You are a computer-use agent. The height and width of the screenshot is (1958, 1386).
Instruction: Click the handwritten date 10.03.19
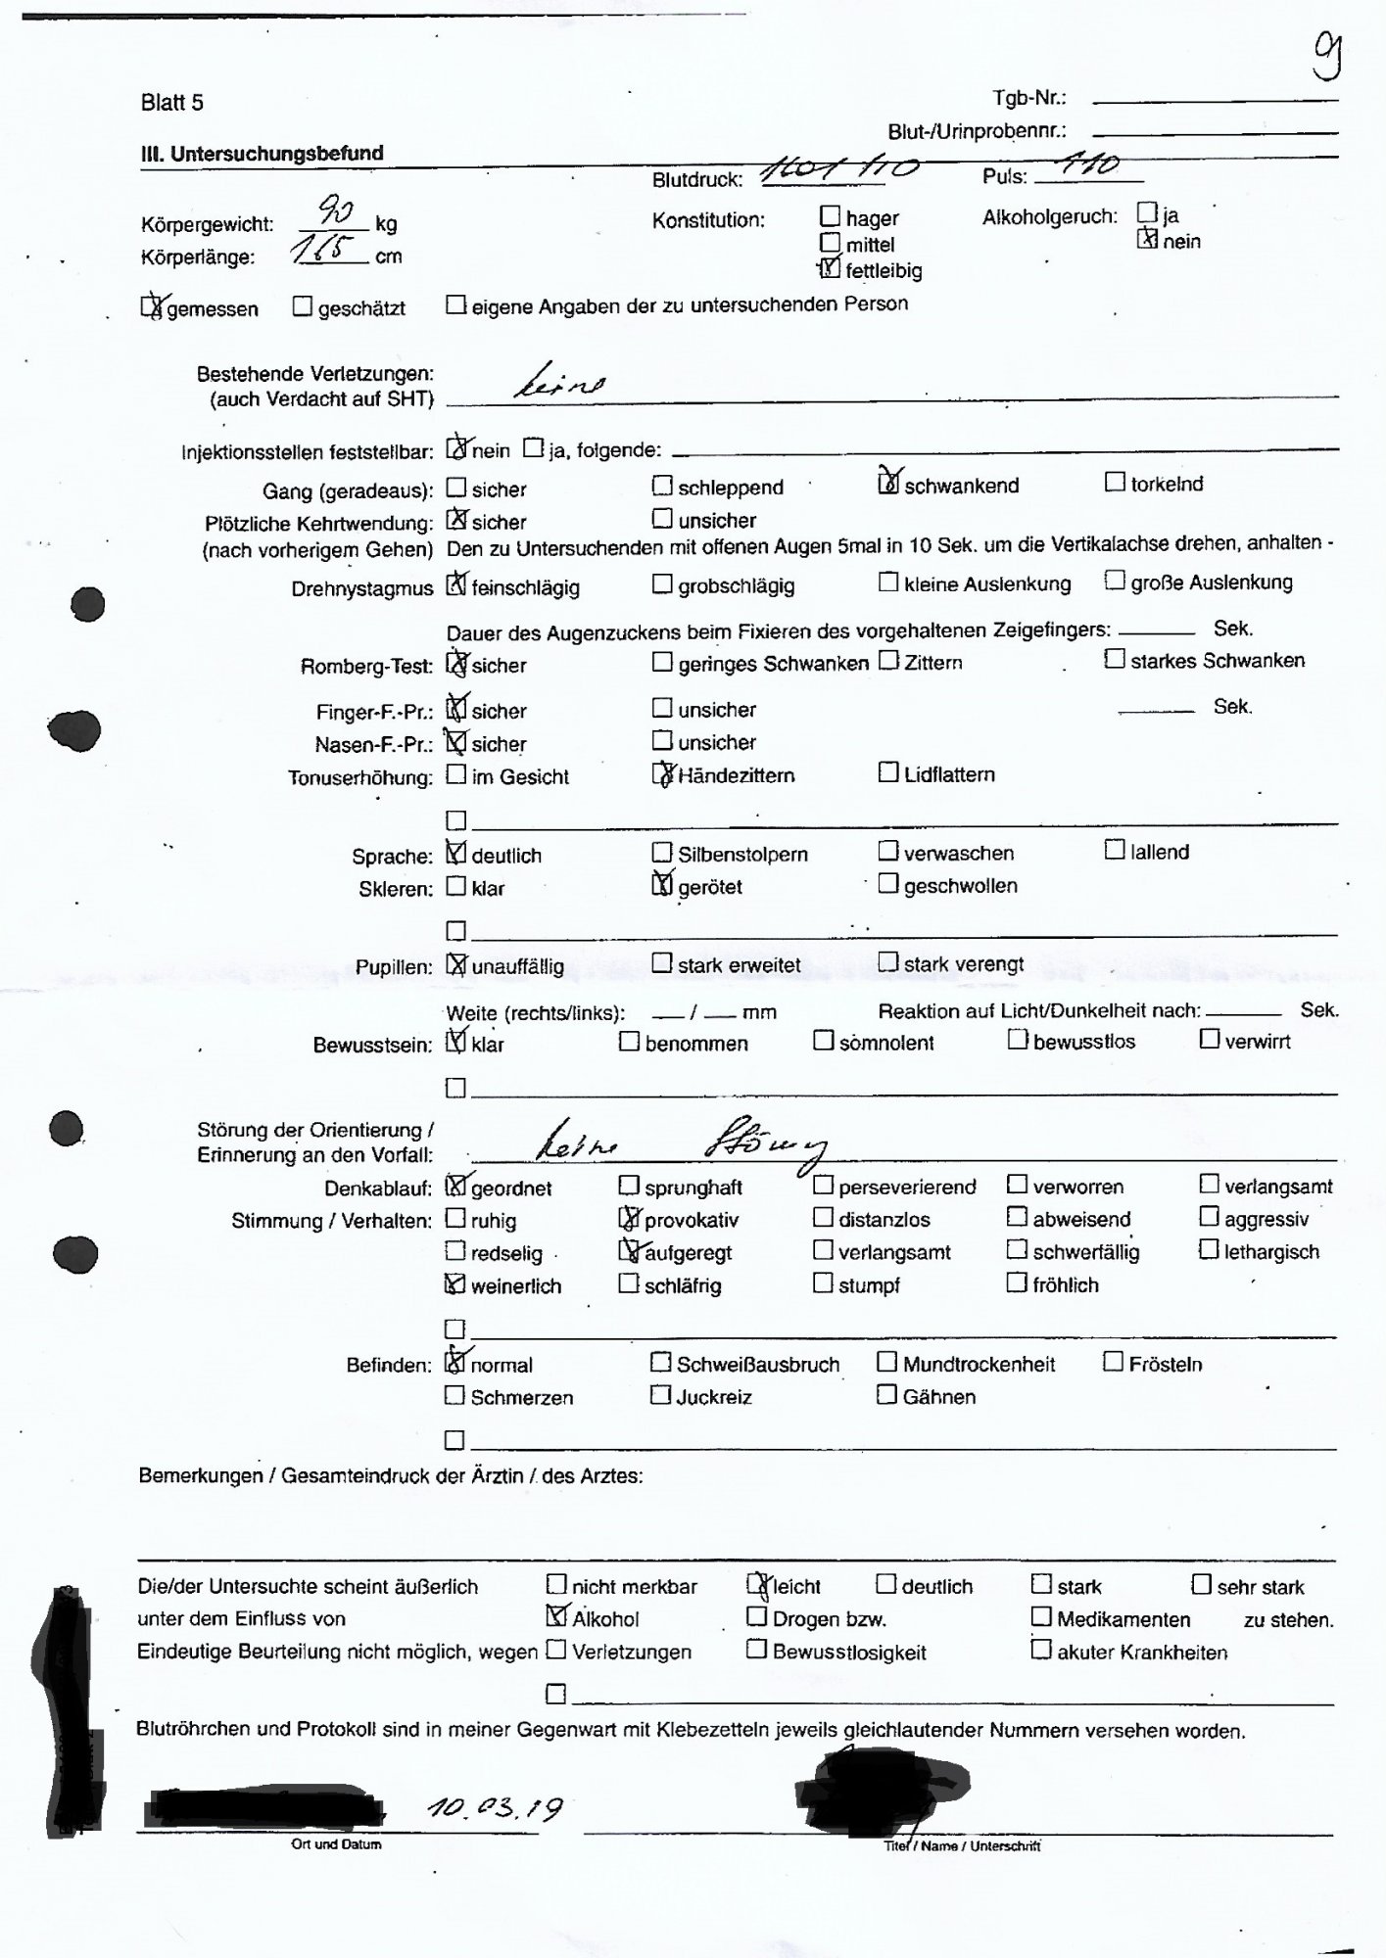click(x=496, y=1810)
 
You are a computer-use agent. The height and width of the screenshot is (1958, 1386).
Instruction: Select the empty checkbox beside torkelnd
click(x=1115, y=482)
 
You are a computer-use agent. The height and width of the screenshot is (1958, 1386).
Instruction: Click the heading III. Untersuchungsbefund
click(x=262, y=154)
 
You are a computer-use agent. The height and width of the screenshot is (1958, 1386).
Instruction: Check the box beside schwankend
click(x=888, y=484)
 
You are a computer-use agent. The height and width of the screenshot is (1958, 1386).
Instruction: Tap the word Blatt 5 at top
click(x=172, y=103)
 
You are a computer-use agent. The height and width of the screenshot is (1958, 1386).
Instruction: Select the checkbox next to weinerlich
click(x=454, y=1284)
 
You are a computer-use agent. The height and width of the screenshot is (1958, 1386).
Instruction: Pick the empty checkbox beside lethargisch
click(x=1209, y=1250)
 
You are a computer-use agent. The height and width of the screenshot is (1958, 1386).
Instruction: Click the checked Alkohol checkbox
click(x=556, y=1618)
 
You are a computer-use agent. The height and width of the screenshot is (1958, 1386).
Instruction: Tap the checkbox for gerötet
click(x=663, y=886)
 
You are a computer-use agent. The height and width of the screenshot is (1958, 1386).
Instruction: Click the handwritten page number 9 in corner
click(x=1327, y=57)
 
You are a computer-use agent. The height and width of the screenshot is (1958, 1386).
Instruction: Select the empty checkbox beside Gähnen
click(x=886, y=1394)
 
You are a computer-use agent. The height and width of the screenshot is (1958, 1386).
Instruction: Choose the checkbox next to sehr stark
click(x=1201, y=1584)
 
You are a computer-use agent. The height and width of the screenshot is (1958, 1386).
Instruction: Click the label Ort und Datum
click(x=336, y=1844)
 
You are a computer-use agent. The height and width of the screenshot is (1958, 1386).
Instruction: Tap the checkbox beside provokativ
click(x=629, y=1219)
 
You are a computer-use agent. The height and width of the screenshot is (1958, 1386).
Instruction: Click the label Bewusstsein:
click(x=372, y=1046)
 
